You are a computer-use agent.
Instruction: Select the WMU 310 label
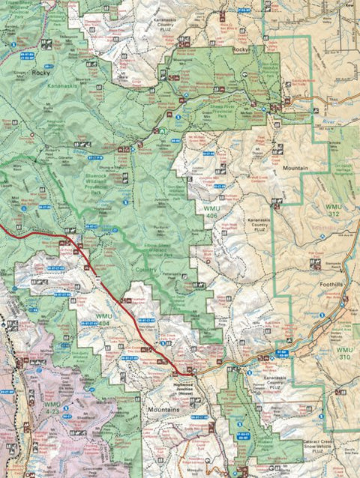[343, 354]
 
